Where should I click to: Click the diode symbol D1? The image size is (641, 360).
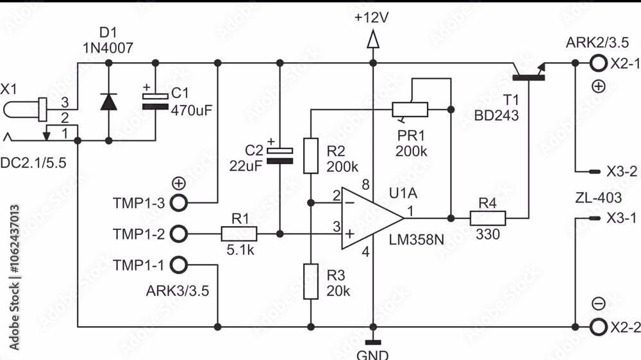pos(108,101)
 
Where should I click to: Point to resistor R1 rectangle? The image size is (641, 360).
pos(239,234)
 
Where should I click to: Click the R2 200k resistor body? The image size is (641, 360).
pos(311,156)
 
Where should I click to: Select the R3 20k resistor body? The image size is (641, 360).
pos(311,282)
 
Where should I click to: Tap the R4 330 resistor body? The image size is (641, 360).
pos(488,218)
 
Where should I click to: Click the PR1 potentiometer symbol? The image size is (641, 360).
pos(410,110)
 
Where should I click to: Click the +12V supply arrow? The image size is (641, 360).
pos(372,41)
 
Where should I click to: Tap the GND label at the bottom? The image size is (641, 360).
pos(372,354)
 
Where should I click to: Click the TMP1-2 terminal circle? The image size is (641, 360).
pos(179,234)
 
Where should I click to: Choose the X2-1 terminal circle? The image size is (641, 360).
pos(597,63)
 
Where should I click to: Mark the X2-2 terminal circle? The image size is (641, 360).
pos(597,327)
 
